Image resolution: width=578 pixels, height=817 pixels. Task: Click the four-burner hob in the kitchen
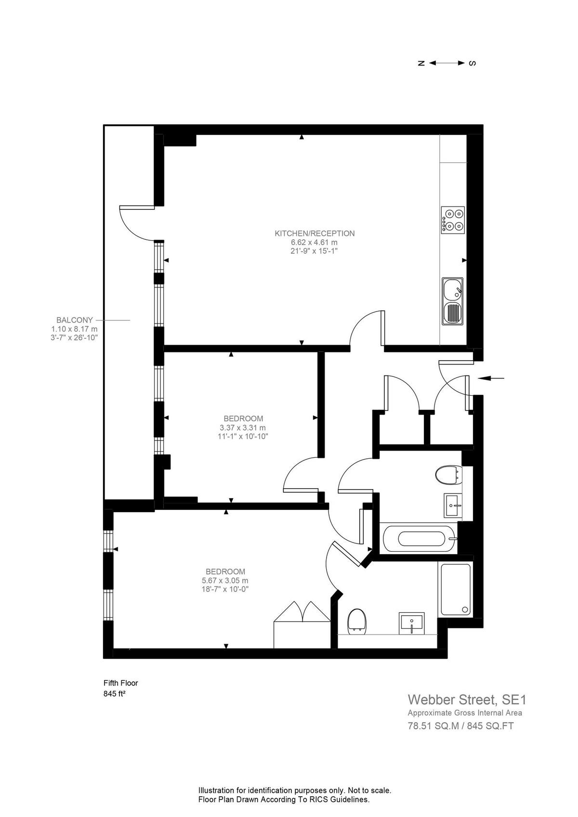pos(453,220)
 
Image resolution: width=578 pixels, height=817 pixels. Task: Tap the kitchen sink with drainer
pos(452,301)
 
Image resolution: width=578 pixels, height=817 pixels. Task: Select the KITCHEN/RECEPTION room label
pos(315,233)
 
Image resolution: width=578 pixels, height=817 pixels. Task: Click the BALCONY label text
pos(75,320)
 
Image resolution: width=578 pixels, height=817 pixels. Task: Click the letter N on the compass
pos(421,63)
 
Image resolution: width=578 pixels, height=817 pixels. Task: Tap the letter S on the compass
pos(472,63)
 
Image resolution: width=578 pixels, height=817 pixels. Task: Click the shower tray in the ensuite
pos(455,589)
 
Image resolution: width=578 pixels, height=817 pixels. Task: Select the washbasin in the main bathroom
pos(453,505)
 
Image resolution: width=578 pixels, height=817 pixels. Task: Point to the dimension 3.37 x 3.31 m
pos(242,428)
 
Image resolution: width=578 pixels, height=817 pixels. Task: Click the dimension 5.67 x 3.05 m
pos(225,581)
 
